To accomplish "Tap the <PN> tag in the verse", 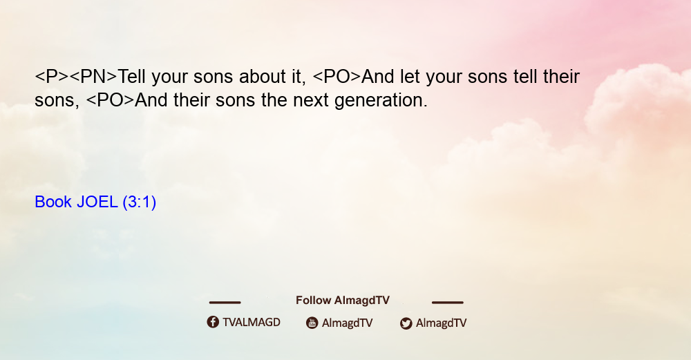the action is click(93, 77).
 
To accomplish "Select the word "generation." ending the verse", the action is click(381, 101).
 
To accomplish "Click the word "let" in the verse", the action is click(410, 77).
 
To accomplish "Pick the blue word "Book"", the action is click(53, 202).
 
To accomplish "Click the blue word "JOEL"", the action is click(97, 202).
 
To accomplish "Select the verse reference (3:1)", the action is click(140, 202).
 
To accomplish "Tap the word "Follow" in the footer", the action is click(313, 301).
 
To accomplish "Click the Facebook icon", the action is click(213, 322).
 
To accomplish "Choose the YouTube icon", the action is click(312, 323).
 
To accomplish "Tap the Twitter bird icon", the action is click(406, 323).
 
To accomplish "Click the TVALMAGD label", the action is click(252, 323).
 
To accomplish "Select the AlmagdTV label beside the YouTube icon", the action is click(348, 323).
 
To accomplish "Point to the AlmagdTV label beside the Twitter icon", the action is click(441, 323).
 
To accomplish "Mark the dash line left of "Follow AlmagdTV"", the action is click(225, 303).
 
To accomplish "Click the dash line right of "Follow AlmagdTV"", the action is click(448, 303).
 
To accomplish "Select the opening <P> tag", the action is click(52, 77).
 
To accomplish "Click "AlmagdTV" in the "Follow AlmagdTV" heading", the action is click(362, 301).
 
